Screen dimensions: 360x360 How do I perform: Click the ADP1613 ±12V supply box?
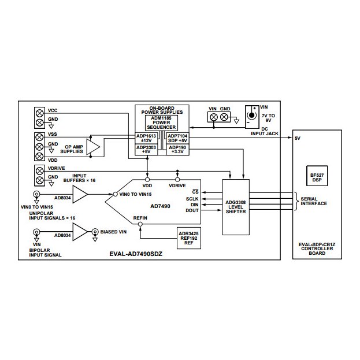coord(146,139)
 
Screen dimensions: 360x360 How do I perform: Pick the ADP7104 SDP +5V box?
coord(177,139)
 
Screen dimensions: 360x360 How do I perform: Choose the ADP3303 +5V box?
coord(146,150)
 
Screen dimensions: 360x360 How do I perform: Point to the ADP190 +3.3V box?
coord(177,150)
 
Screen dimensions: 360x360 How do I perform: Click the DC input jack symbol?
coord(251,116)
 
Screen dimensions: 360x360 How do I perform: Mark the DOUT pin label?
coord(192,211)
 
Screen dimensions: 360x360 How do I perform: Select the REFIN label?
coord(142,218)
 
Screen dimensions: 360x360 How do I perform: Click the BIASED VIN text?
coord(113,232)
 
